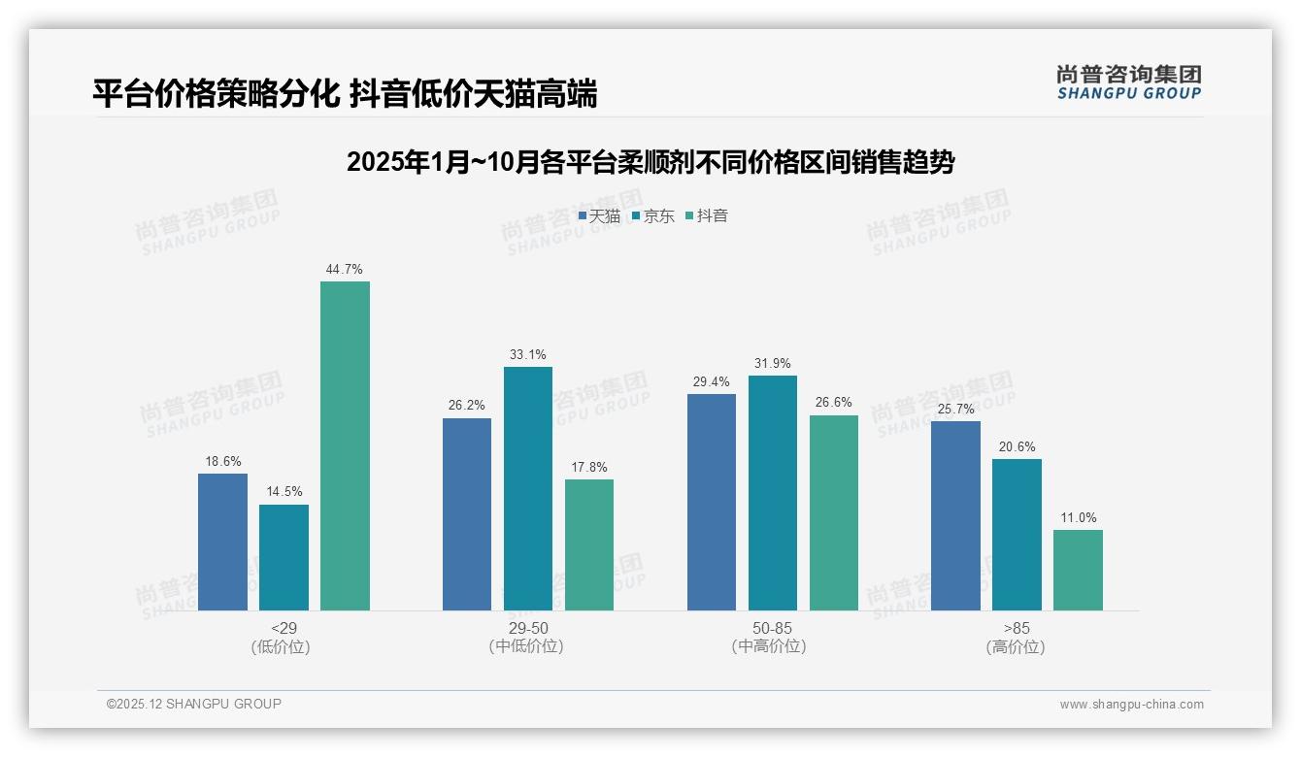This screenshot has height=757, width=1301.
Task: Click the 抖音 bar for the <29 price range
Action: click(345, 446)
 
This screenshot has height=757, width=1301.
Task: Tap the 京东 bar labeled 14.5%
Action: click(284, 557)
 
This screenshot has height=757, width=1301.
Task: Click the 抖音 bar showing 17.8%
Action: click(588, 544)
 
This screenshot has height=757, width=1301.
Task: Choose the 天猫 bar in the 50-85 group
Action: click(711, 502)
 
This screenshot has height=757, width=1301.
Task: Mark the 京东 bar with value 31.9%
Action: click(772, 493)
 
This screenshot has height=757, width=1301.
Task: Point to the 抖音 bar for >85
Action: click(1078, 570)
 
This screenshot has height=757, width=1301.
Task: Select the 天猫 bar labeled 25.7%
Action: click(955, 515)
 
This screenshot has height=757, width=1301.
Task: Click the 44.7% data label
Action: click(345, 270)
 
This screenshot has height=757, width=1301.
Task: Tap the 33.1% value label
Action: click(527, 355)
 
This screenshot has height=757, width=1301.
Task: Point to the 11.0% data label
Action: click(1078, 518)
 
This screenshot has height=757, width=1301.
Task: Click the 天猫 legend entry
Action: click(599, 216)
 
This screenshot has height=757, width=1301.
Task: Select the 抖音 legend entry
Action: click(707, 216)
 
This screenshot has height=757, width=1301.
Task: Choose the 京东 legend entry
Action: click(653, 216)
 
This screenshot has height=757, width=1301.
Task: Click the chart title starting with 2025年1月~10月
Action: click(650, 162)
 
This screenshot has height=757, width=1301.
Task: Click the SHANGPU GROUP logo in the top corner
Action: click(1128, 82)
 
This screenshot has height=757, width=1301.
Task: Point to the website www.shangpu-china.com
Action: click(1131, 705)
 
